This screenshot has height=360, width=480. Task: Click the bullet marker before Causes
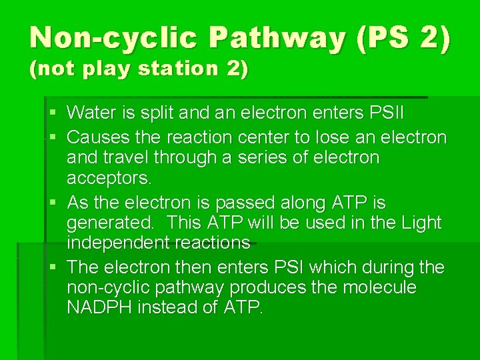pos(55,137)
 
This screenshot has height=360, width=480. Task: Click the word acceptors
pos(109,177)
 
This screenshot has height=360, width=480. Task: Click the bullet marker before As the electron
pos(55,202)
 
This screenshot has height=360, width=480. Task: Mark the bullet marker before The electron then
pos(55,267)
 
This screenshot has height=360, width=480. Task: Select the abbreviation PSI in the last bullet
pos(289,267)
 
